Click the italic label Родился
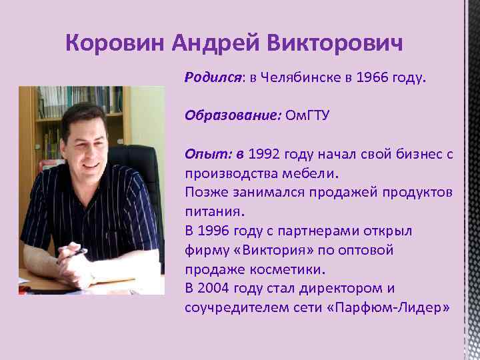coord(213,79)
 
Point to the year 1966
coord(371,79)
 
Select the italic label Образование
coord(230,116)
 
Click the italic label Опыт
coord(207,155)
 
